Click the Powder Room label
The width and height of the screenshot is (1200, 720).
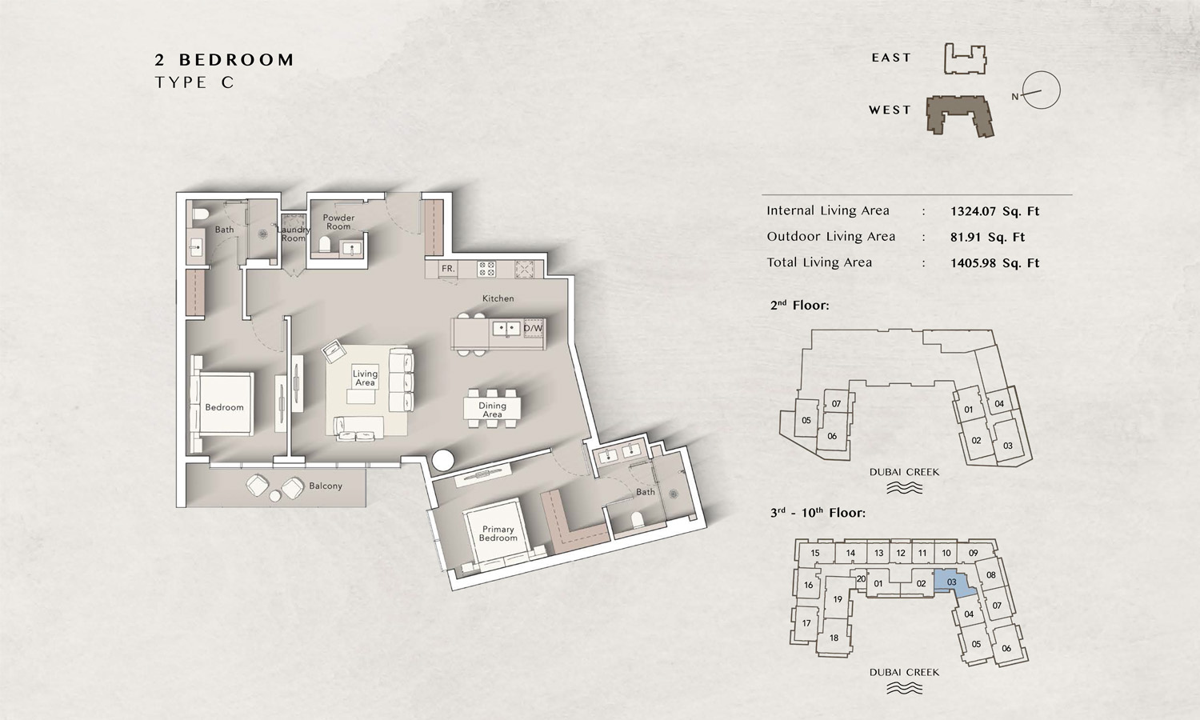338,222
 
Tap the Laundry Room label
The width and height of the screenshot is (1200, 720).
294,234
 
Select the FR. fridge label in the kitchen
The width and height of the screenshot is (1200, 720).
448,268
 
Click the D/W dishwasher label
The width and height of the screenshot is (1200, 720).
533,328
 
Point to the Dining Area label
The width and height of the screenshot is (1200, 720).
492,410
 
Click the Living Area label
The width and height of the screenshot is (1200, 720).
365,378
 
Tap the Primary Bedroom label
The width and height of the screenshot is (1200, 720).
498,533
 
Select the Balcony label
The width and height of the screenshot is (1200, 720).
326,486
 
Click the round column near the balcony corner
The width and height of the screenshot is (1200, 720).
443,460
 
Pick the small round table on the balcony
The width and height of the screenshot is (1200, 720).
275,496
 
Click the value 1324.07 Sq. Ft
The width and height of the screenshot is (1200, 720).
995,211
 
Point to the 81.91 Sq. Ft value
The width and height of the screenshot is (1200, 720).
987,237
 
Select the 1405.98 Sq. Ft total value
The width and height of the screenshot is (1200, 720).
995,263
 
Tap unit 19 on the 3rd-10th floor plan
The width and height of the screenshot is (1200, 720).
838,599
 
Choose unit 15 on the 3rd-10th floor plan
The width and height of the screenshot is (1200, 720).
815,553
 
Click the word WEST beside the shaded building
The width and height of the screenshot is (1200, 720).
890,110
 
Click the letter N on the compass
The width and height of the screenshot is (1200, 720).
1014,97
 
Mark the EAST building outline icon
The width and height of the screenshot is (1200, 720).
965,59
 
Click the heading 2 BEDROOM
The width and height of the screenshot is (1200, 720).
225,59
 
